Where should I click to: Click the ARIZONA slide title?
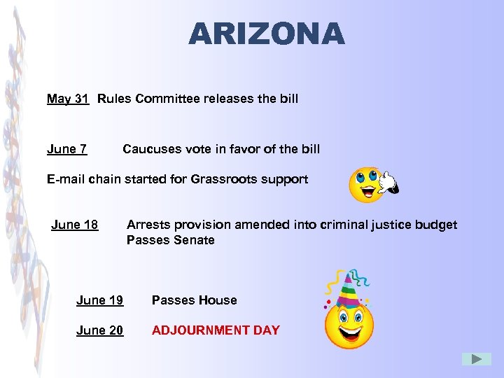[x=267, y=34]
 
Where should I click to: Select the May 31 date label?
[x=68, y=99]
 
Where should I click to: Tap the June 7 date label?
[x=67, y=149]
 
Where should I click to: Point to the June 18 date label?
[x=75, y=225]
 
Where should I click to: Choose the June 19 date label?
[x=100, y=300]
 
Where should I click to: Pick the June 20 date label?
[x=100, y=330]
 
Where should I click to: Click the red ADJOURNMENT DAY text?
[x=216, y=330]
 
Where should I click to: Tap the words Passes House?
[x=194, y=300]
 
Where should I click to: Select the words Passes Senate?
[x=170, y=240]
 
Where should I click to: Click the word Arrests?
[x=148, y=225]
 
